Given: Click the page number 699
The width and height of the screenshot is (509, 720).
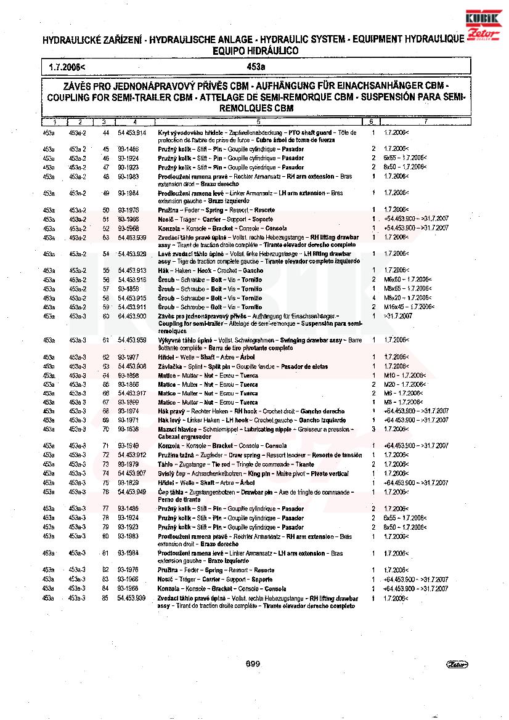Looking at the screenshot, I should (x=253, y=663).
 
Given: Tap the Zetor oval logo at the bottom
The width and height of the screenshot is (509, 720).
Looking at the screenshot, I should (x=457, y=664).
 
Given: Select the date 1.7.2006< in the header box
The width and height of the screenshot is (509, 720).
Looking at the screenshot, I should (x=68, y=65).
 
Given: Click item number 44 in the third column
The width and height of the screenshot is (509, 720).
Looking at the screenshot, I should (x=105, y=132).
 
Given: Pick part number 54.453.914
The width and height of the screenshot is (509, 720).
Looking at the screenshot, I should (x=132, y=132).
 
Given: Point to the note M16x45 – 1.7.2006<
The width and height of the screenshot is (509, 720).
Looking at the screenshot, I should (x=409, y=307).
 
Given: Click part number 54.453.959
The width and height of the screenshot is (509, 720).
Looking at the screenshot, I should (x=132, y=340).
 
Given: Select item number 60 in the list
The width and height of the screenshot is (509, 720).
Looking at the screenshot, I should (x=105, y=316).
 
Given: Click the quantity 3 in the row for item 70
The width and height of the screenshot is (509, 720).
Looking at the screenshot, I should (x=373, y=429).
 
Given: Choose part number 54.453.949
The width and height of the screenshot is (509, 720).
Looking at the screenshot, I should (x=132, y=492).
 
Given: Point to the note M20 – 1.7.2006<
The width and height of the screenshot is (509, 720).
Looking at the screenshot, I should (x=404, y=384).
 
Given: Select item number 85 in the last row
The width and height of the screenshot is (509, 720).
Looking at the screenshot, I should (x=105, y=598).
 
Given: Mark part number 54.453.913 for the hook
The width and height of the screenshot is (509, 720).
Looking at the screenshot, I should (x=132, y=270).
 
